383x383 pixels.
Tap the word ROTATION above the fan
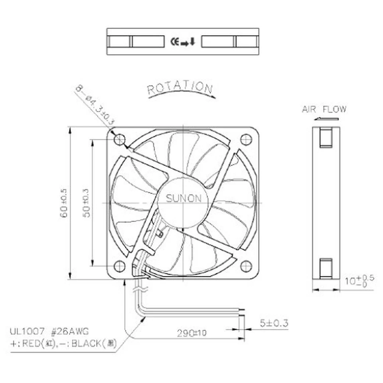pos(180,88)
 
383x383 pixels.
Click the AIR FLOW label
pos(324,109)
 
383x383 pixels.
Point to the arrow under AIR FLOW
pos(321,118)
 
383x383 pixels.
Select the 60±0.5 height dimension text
pos(64,203)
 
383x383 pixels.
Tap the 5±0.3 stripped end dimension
pos(274,323)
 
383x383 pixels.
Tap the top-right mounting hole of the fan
pos(246,139)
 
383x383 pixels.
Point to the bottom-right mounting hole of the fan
pos(246,266)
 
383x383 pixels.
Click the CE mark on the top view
pos(174,41)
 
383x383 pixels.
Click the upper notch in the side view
pos(326,138)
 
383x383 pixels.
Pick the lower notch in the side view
pos(326,268)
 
